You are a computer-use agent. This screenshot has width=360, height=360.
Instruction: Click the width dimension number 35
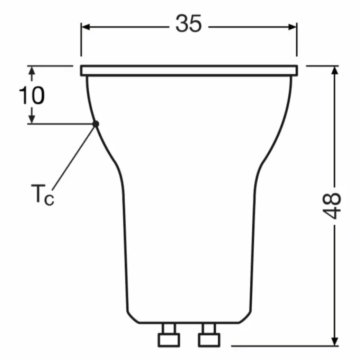(x=189, y=23)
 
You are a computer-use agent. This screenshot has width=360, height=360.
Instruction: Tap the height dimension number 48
(x=332, y=206)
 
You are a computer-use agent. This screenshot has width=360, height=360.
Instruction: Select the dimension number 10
(x=31, y=95)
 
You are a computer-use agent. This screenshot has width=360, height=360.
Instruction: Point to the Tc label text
(x=43, y=194)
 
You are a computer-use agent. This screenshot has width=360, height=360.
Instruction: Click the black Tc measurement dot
(x=95, y=124)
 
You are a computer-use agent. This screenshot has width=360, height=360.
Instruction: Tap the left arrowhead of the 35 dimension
(x=85, y=27)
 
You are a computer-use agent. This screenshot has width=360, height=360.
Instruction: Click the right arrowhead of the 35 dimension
(x=292, y=27)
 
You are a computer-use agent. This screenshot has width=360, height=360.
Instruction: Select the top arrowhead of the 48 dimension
(x=335, y=70)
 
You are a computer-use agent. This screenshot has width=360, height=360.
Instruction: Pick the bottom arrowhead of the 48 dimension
(x=335, y=341)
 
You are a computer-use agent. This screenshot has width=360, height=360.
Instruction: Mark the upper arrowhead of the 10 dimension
(x=31, y=70)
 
